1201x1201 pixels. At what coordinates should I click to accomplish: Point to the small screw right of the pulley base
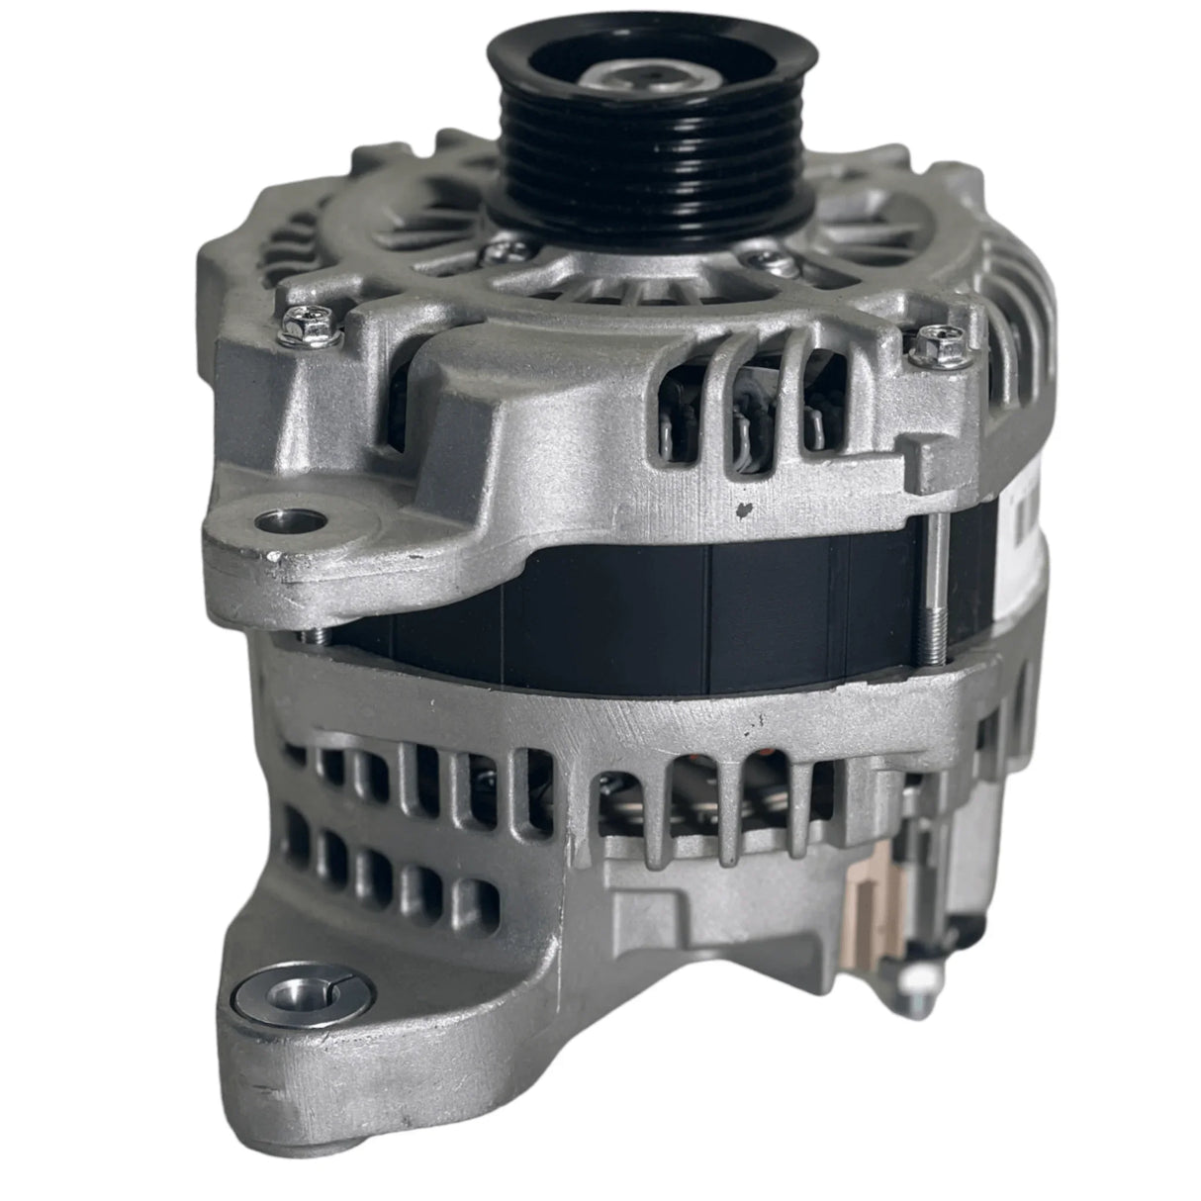pos(760,260)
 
